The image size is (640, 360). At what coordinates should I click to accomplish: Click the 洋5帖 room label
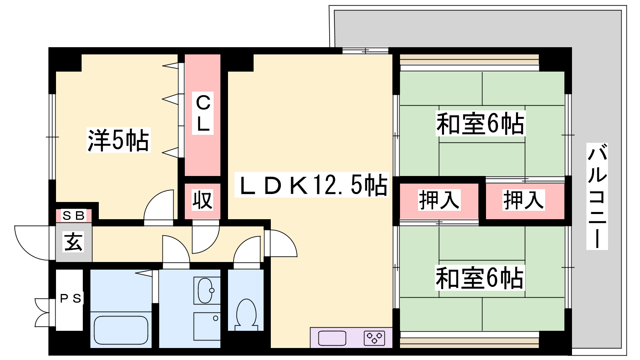pos(118,140)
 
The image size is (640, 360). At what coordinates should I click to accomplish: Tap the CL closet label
pos(203,113)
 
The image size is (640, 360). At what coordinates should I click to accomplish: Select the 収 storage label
pos(202,200)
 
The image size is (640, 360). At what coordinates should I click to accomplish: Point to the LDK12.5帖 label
pos(312,185)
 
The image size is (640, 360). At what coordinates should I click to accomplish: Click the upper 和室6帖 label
pos(480,124)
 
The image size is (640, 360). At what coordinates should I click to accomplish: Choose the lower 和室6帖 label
pos(480,278)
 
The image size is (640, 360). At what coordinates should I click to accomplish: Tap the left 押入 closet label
pos(439,200)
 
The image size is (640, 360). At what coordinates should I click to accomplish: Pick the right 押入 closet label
pos(524,200)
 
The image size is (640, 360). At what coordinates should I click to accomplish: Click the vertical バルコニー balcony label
pos(597,196)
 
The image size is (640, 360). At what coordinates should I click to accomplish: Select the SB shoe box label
pos(74,216)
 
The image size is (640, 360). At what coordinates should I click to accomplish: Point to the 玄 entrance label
pos(74,242)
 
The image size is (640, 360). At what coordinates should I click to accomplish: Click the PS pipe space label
pos(71,298)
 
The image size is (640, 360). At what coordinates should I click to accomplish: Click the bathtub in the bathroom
pos(121,331)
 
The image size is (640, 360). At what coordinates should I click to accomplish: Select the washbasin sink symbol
pos(206,290)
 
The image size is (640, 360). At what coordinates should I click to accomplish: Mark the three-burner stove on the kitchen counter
pos(374,338)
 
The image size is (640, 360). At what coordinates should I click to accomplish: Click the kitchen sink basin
pos(332,338)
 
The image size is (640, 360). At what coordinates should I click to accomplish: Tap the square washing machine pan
pos(207,326)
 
